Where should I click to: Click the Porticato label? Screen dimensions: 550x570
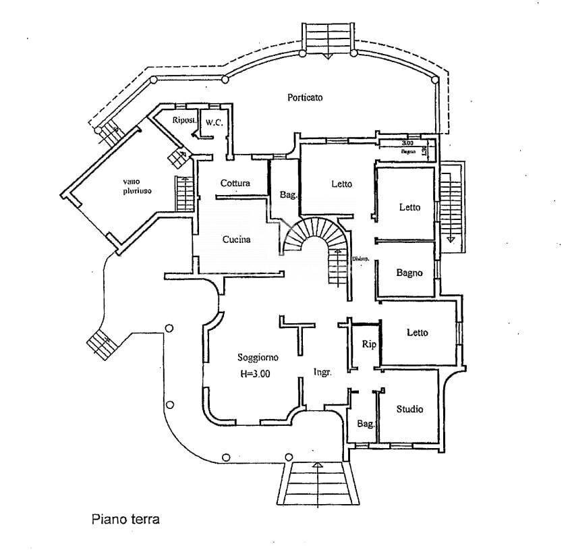[x=305, y=97]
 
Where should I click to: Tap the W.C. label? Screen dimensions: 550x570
[x=215, y=122]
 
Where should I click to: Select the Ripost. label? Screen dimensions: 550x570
[x=185, y=120]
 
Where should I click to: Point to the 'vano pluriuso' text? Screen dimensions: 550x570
[x=137, y=186]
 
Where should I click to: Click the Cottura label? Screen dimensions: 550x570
[x=235, y=183]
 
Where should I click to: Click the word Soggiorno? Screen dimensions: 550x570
[x=258, y=357]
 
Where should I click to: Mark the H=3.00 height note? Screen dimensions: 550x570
[x=255, y=375]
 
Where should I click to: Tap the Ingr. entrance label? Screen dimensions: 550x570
[x=322, y=372]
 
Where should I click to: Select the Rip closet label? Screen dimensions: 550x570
[x=368, y=344]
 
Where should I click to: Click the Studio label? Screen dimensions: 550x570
[x=409, y=408]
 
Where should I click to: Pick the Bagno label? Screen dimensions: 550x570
[x=409, y=273]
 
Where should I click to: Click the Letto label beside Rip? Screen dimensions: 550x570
[x=417, y=332]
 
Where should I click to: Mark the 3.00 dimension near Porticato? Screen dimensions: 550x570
[x=407, y=143]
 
